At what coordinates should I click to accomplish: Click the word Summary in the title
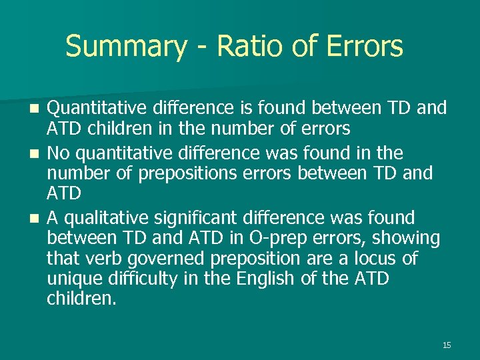126,47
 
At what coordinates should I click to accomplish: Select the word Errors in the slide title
365,47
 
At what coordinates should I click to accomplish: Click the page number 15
447,345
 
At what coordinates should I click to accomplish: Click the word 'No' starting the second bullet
59,153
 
